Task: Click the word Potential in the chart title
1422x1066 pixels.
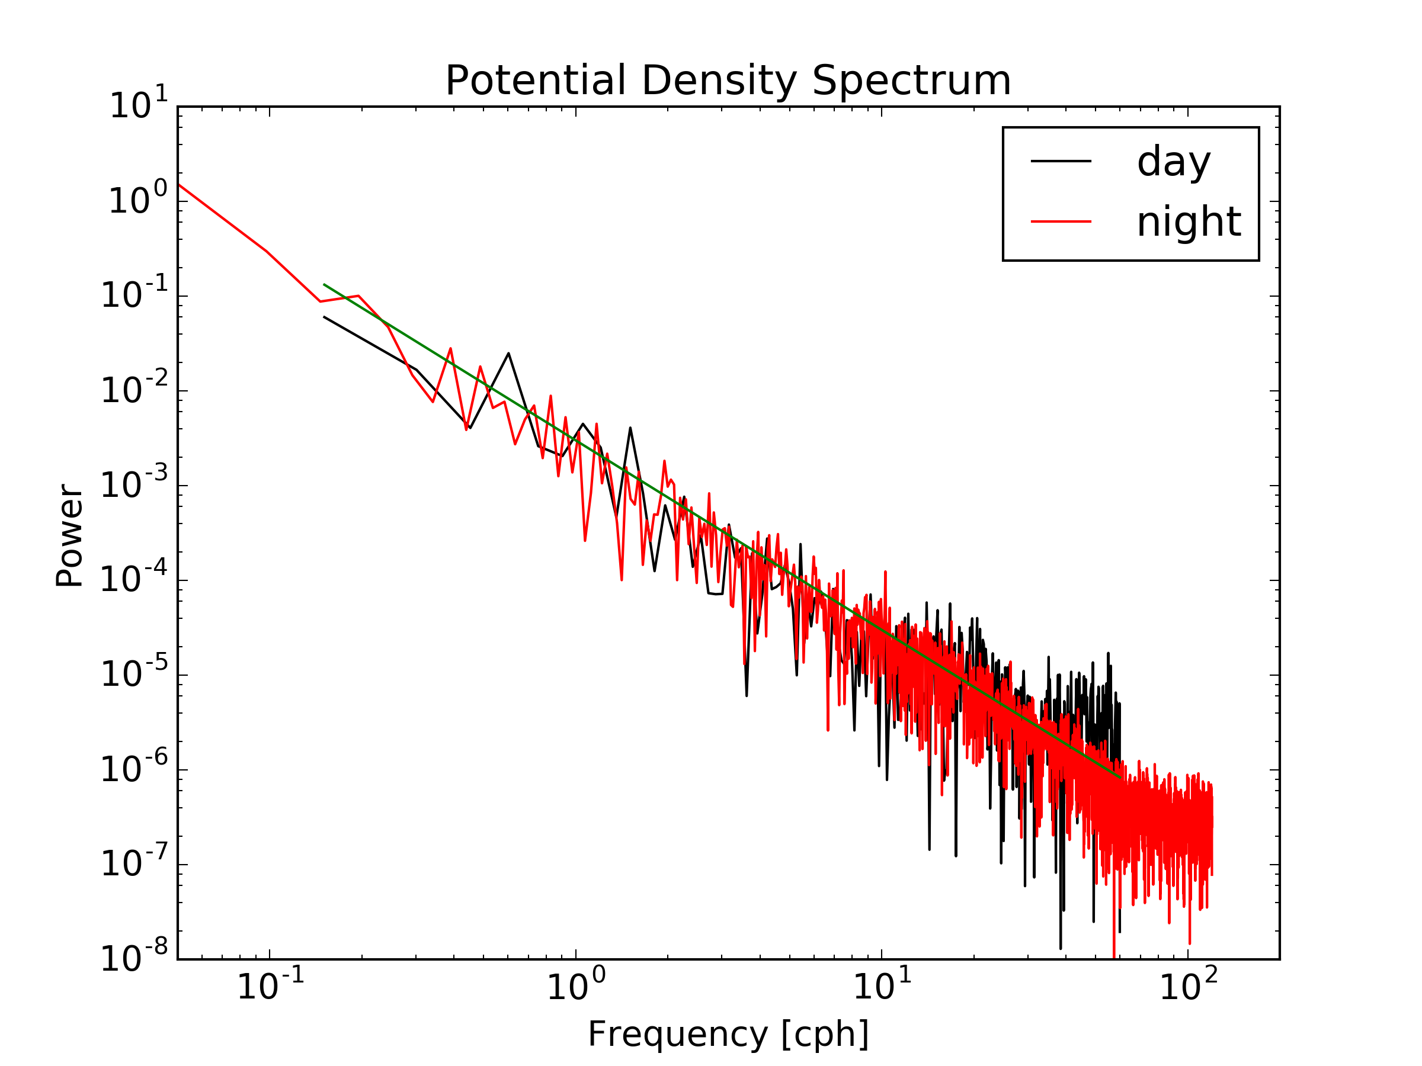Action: click(x=536, y=81)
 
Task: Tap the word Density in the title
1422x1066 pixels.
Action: click(x=719, y=81)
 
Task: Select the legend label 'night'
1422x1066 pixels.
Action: click(x=1189, y=222)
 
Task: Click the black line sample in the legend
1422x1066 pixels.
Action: click(x=1061, y=161)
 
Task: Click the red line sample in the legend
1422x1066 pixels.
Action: click(x=1061, y=221)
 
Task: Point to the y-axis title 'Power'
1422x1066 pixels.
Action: click(x=69, y=536)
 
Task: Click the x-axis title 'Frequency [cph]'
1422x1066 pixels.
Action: click(x=728, y=1034)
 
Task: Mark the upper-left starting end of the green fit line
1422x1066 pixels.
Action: click(x=325, y=285)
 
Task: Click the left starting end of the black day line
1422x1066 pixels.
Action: click(x=325, y=317)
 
